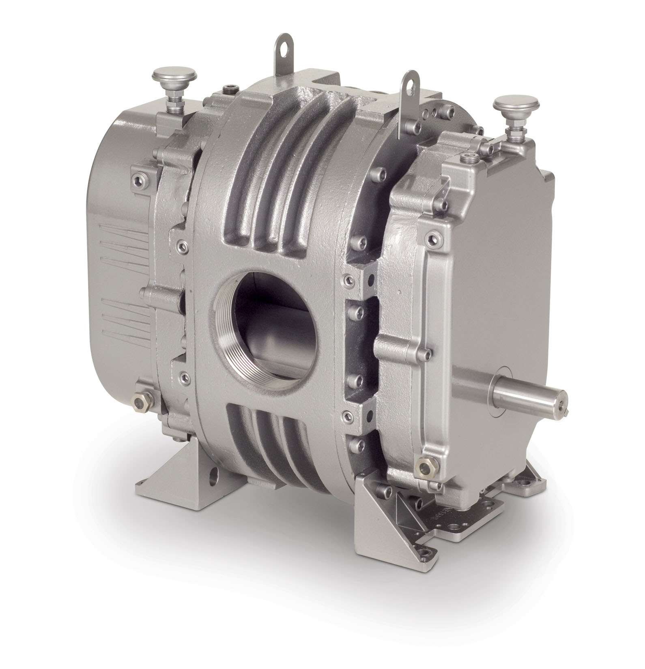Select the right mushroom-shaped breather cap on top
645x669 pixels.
click(x=507, y=106)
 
